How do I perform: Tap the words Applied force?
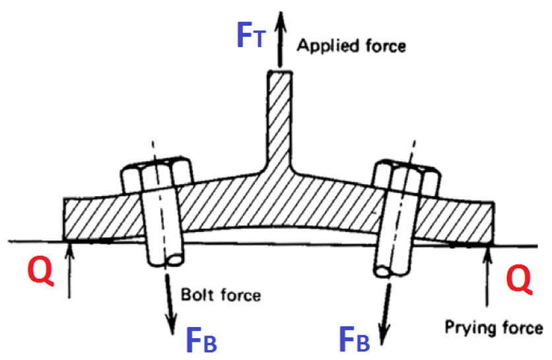[351, 46]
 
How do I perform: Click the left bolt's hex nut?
[156, 174]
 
